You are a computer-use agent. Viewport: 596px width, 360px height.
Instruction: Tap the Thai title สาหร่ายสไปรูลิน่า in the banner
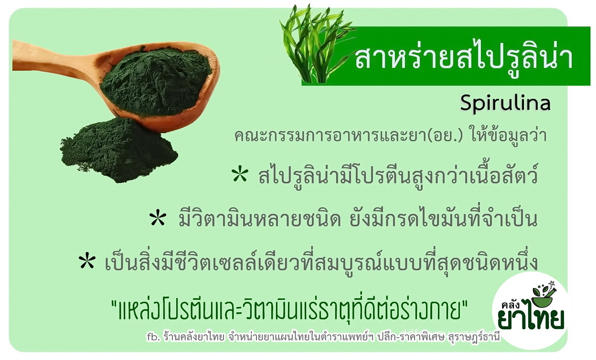(x=463, y=58)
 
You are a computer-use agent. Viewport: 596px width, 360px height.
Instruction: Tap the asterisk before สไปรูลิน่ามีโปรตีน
(x=240, y=175)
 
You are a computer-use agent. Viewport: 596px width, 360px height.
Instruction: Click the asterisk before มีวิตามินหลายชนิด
(x=158, y=218)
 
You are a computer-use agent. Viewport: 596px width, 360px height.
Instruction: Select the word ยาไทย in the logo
(x=531, y=319)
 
